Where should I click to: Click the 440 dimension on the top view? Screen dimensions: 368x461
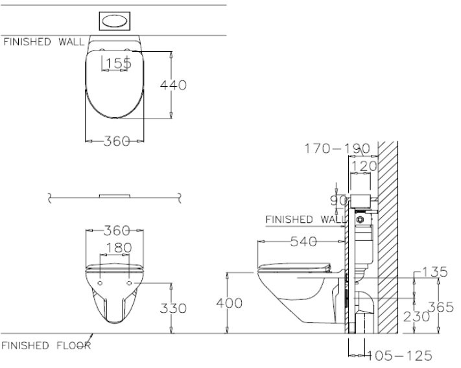pos(174,85)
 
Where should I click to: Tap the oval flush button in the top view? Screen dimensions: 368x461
pos(115,21)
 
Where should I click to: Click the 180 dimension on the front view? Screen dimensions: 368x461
pos(118,247)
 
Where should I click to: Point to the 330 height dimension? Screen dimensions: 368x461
pos(174,308)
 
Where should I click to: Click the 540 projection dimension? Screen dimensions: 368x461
pos(303,242)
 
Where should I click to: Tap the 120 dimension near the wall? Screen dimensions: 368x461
pos(362,167)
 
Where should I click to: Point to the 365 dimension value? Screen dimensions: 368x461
pos(440,308)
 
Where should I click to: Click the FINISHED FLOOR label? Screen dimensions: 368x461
pos(45,345)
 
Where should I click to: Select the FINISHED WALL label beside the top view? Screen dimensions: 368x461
pos(43,42)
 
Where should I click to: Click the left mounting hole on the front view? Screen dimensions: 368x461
pos(101,283)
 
